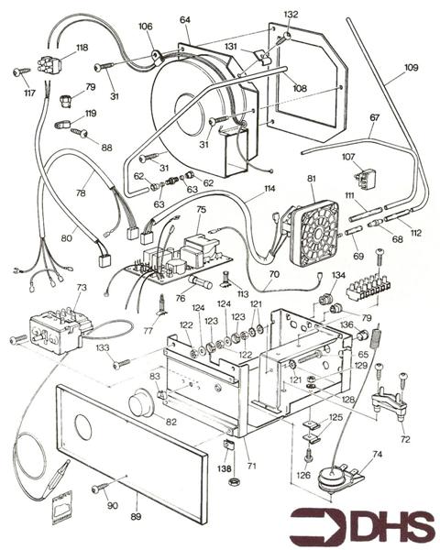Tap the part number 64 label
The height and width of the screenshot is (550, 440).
click(x=185, y=19)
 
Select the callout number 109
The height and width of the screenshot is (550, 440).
click(x=410, y=67)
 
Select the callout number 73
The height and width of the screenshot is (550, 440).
click(x=81, y=288)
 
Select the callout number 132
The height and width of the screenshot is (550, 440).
click(x=291, y=15)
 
